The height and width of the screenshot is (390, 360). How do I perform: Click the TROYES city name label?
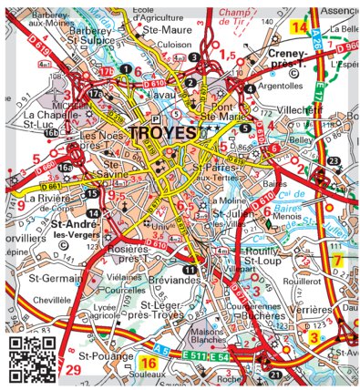pyautogui.click(x=163, y=133)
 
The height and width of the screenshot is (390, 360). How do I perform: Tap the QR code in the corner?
pyautogui.click(x=30, y=357)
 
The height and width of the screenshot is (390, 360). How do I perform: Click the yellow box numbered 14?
pyautogui.click(x=298, y=27)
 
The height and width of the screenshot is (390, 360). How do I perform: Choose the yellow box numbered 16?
pyautogui.click(x=151, y=364)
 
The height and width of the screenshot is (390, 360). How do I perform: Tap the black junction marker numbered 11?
pyautogui.click(x=189, y=271)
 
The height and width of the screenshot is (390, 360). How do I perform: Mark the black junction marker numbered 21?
pyautogui.click(x=275, y=374)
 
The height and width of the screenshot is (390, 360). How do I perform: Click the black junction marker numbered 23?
pyautogui.click(x=334, y=161)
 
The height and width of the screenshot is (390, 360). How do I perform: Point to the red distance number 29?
pyautogui.click(x=73, y=369)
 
